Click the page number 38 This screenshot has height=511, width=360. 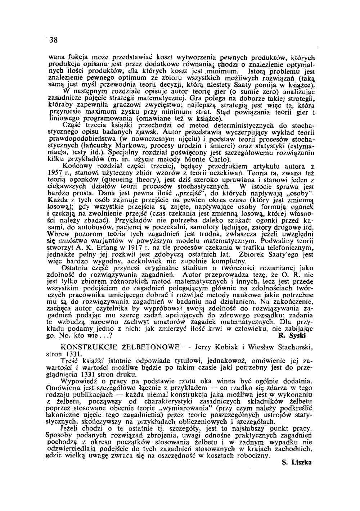pyautogui.click(x=54, y=40)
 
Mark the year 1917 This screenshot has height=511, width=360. pyautogui.click(x=138, y=248)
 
